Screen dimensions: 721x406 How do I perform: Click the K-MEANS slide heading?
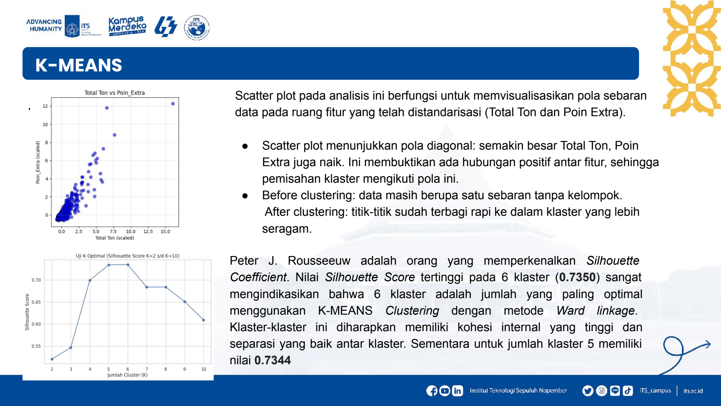(78, 65)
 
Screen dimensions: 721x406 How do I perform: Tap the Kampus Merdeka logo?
(127, 26)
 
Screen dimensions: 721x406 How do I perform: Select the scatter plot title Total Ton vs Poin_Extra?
(115, 93)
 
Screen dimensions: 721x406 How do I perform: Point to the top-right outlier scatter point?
(173, 104)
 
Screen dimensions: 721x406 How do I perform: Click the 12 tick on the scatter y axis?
(45, 106)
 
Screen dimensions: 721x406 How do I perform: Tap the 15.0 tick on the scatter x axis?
(166, 232)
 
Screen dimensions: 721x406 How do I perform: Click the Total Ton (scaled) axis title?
(115, 238)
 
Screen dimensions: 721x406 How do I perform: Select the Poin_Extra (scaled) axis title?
(38, 162)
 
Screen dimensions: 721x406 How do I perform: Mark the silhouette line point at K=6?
(128, 265)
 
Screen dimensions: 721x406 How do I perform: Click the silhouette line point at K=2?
(52, 359)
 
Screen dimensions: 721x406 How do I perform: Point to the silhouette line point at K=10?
(204, 320)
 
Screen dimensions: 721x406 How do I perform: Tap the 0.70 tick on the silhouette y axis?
(36, 280)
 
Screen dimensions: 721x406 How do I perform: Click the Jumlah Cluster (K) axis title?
(127, 375)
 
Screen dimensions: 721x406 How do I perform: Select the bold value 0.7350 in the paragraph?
(577, 277)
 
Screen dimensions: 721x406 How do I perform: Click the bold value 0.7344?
(273, 361)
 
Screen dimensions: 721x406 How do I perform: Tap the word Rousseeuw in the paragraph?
(319, 261)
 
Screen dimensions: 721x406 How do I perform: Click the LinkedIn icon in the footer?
(457, 391)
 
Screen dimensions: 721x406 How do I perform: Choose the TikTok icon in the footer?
(628, 391)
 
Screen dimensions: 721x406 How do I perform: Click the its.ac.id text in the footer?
(693, 391)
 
